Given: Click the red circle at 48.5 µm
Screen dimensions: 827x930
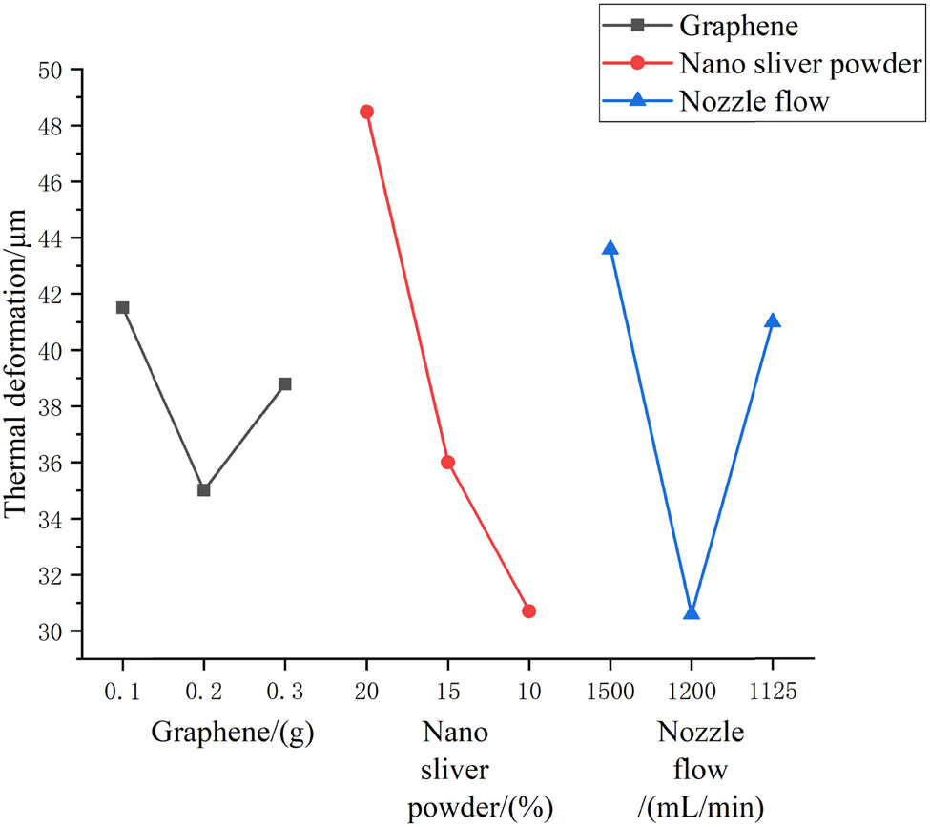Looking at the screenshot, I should tap(366, 112).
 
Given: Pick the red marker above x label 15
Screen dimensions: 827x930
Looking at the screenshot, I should tap(447, 463).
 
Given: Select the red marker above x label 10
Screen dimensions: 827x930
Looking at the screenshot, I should tap(528, 610).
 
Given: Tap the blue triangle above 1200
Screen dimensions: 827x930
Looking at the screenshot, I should tap(692, 612).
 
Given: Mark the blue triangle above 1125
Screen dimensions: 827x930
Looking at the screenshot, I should tap(773, 321).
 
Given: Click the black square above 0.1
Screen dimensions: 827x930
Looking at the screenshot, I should tap(122, 307).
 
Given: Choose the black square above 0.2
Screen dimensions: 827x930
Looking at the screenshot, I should tap(203, 489).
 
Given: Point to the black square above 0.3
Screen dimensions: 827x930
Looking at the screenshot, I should tap(284, 383).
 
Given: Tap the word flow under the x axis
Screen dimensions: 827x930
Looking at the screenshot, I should tap(691, 770).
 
